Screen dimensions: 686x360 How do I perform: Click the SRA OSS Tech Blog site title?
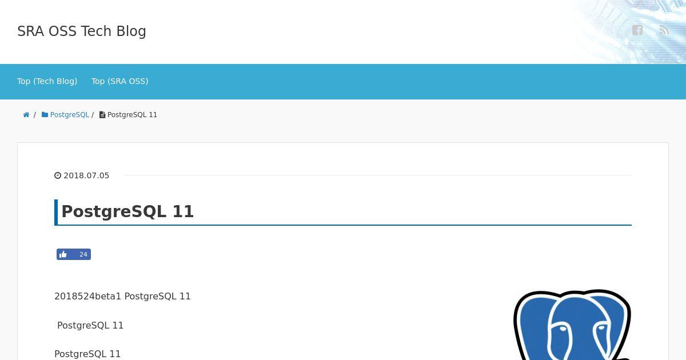click(x=81, y=31)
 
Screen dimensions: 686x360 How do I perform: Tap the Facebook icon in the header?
click(x=637, y=30)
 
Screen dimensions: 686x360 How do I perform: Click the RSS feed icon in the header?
click(x=664, y=30)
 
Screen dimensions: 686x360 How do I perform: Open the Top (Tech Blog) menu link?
click(x=47, y=81)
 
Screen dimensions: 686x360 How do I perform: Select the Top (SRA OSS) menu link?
click(x=119, y=81)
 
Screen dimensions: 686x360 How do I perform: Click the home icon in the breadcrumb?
click(x=26, y=115)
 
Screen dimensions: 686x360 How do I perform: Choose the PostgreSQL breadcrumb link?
click(x=70, y=115)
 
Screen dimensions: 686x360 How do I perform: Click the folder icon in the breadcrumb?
click(x=45, y=115)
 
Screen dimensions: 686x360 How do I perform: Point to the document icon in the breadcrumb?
click(x=102, y=115)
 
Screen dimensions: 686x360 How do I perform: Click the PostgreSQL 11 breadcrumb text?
click(x=132, y=115)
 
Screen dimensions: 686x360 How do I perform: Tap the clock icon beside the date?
click(x=58, y=175)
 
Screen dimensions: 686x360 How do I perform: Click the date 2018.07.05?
click(x=86, y=175)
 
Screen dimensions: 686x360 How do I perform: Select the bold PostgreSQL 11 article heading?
click(x=127, y=211)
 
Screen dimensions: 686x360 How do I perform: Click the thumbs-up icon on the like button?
click(x=63, y=254)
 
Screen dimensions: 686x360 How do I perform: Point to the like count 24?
click(x=83, y=254)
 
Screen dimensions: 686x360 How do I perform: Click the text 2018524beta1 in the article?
click(x=87, y=297)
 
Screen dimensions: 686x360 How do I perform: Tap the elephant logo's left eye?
click(x=563, y=329)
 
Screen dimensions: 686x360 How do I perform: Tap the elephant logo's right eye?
click(x=601, y=328)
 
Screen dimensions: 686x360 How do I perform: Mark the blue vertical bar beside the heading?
click(x=56, y=213)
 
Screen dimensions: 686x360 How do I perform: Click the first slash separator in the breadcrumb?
click(x=35, y=115)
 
